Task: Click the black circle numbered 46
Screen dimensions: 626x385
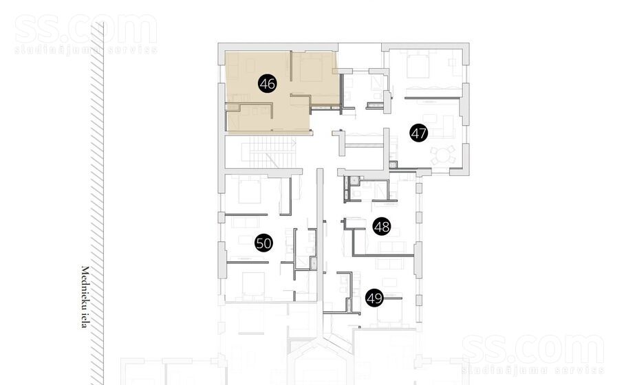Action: [x=268, y=84]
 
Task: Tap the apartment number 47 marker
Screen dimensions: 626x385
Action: [x=419, y=133]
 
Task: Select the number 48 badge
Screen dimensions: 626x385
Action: [x=382, y=227]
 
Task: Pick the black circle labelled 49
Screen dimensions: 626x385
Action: [x=374, y=298]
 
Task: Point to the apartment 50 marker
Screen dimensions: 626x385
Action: [x=263, y=243]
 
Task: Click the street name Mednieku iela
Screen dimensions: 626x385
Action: [x=84, y=297]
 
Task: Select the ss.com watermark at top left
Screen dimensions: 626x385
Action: [x=86, y=34]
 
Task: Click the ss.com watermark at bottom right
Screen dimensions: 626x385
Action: [x=533, y=354]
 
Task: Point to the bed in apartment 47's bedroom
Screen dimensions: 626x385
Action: [x=418, y=66]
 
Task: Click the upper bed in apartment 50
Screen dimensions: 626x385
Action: [x=250, y=190]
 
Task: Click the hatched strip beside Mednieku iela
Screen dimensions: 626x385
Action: [x=97, y=203]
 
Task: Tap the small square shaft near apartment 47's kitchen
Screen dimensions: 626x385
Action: [x=393, y=164]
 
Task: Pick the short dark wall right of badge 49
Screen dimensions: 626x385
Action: [x=393, y=298]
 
